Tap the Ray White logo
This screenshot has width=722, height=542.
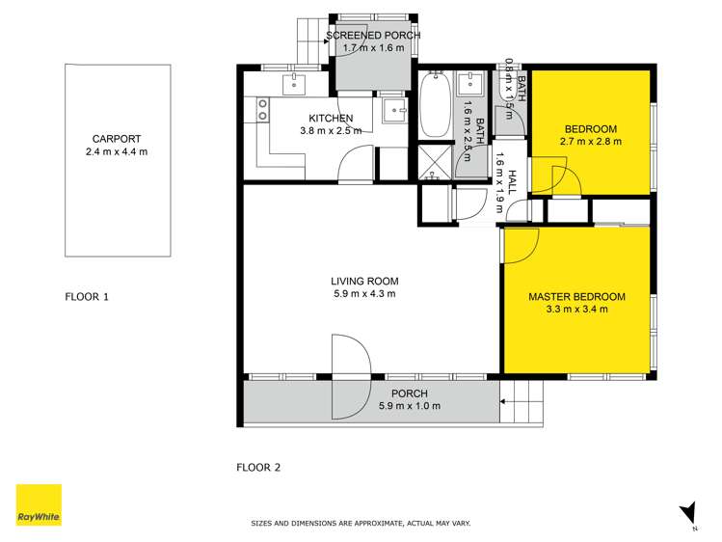39,504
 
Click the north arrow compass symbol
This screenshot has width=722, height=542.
688,513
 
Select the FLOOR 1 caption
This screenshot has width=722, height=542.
87,297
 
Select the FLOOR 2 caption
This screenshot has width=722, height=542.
258,468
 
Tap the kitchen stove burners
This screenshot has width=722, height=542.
260,115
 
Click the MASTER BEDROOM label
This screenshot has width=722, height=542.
576,297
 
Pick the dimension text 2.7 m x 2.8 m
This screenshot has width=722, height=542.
591,141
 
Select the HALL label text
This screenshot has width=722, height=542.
512,184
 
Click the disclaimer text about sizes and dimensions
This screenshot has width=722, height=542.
361,524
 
